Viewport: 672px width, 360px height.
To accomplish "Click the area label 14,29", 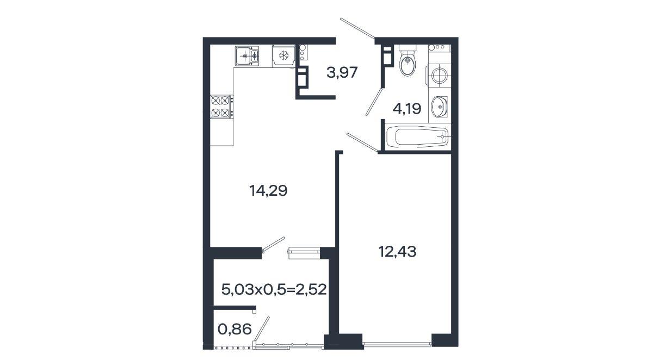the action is pyautogui.click(x=268, y=191).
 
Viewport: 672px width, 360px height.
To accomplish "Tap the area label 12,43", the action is pyautogui.click(x=397, y=251).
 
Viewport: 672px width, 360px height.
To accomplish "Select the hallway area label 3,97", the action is pyautogui.click(x=342, y=72).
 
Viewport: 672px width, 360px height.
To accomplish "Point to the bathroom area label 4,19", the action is pyautogui.click(x=407, y=109).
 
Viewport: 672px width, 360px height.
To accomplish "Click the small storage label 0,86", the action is pyautogui.click(x=235, y=330).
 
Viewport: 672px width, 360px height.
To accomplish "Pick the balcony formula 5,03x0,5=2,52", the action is pyautogui.click(x=274, y=289).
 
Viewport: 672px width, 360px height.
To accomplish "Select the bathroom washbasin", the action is pyautogui.click(x=439, y=107).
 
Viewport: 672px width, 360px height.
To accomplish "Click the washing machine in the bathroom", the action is pyautogui.click(x=439, y=76).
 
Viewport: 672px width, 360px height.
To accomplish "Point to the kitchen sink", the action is pyautogui.click(x=247, y=55).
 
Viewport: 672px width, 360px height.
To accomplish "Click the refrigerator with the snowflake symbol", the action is pyautogui.click(x=284, y=56).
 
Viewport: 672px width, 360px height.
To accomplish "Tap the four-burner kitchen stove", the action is pyautogui.click(x=222, y=107).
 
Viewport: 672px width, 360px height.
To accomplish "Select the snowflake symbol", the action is pyautogui.click(x=284, y=55).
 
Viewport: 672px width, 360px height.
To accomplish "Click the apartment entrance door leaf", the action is pyautogui.click(x=357, y=28).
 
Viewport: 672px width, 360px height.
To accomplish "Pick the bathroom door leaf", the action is pyautogui.click(x=374, y=102).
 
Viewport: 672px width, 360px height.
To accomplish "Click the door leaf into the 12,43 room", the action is pyautogui.click(x=362, y=142).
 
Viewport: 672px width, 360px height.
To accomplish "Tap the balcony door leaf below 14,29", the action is pyautogui.click(x=274, y=244).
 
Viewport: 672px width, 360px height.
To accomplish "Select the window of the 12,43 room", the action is pyautogui.click(x=397, y=344).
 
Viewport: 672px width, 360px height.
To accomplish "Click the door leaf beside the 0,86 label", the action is pyautogui.click(x=262, y=329).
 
